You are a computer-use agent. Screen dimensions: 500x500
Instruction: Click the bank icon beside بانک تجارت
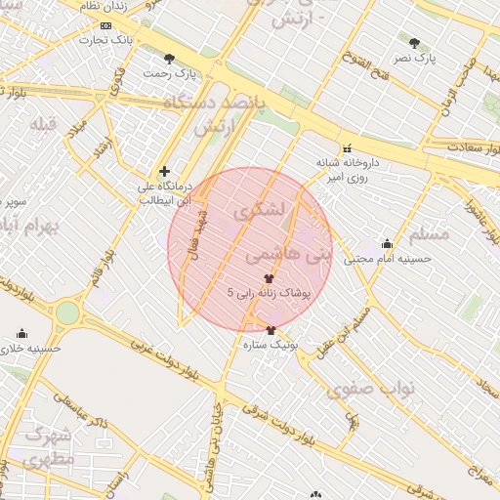(x=106, y=25)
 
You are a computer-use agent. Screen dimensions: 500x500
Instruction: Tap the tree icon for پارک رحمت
(x=171, y=59)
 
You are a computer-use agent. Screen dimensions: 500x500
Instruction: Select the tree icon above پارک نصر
(x=415, y=44)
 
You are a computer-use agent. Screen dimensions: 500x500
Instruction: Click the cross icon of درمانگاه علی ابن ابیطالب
(x=164, y=171)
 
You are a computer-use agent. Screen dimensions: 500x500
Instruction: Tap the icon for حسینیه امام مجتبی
(x=387, y=244)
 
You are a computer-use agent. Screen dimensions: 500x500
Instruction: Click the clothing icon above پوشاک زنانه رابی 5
(x=269, y=278)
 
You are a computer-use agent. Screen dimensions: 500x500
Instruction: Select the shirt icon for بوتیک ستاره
(x=271, y=330)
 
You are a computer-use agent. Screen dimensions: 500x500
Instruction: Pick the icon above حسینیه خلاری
(x=22, y=333)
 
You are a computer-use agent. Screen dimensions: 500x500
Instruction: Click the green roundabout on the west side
(x=67, y=312)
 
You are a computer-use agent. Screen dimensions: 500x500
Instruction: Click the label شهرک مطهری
(x=47, y=445)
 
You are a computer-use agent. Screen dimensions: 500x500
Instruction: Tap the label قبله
(x=44, y=124)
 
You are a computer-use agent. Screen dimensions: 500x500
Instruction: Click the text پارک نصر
(x=414, y=60)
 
